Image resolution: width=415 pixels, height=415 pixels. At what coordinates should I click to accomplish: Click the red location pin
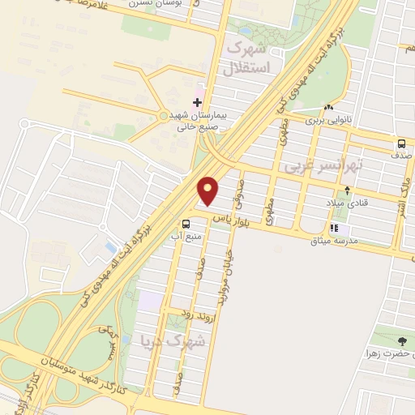[209, 190]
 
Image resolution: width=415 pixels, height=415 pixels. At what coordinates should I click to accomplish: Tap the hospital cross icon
[197, 102]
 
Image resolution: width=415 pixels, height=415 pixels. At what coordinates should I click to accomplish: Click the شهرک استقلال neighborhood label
[253, 53]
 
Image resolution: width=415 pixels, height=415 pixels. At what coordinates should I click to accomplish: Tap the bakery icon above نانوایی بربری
[328, 108]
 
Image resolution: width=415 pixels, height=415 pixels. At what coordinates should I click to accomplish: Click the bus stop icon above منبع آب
[187, 225]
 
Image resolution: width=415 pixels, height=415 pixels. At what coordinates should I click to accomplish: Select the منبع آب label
[185, 237]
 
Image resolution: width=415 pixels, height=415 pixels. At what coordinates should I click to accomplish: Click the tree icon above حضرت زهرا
[403, 341]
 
